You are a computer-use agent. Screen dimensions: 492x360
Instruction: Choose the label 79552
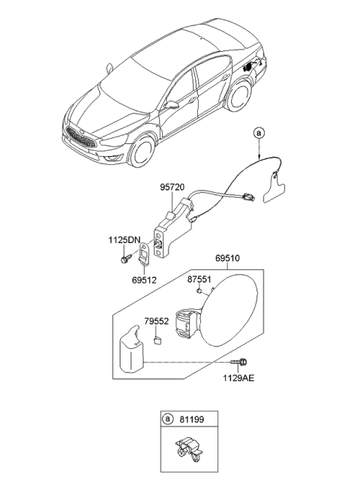pyautogui.click(x=157, y=321)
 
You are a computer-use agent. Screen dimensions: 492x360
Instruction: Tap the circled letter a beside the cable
pyautogui.click(x=259, y=133)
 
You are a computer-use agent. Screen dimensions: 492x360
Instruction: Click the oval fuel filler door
pyautogui.click(x=233, y=310)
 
